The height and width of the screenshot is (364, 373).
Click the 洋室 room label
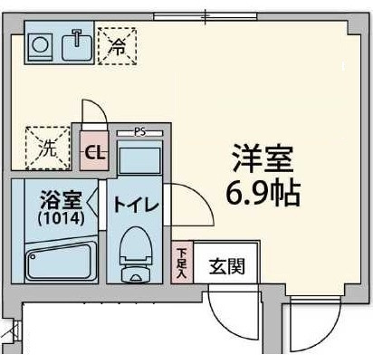click(x=263, y=159)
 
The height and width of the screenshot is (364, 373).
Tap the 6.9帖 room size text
click(x=263, y=193)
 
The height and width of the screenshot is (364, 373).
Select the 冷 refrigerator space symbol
click(x=118, y=46)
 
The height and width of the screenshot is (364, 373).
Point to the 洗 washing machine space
click(x=48, y=148)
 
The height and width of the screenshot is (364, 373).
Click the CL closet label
click(x=94, y=153)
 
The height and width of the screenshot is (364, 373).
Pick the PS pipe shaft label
click(x=139, y=132)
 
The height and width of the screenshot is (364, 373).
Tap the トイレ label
click(x=136, y=206)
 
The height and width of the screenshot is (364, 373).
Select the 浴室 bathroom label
click(x=62, y=200)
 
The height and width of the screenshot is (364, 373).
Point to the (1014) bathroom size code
click(x=61, y=218)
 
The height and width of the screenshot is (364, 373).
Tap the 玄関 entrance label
click(x=227, y=266)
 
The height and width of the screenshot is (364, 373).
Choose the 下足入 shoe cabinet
click(x=182, y=263)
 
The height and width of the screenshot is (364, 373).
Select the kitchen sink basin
click(x=77, y=47)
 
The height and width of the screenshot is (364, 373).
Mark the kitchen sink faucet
click(x=77, y=37)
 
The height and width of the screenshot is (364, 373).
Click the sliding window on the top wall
click(x=206, y=16)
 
